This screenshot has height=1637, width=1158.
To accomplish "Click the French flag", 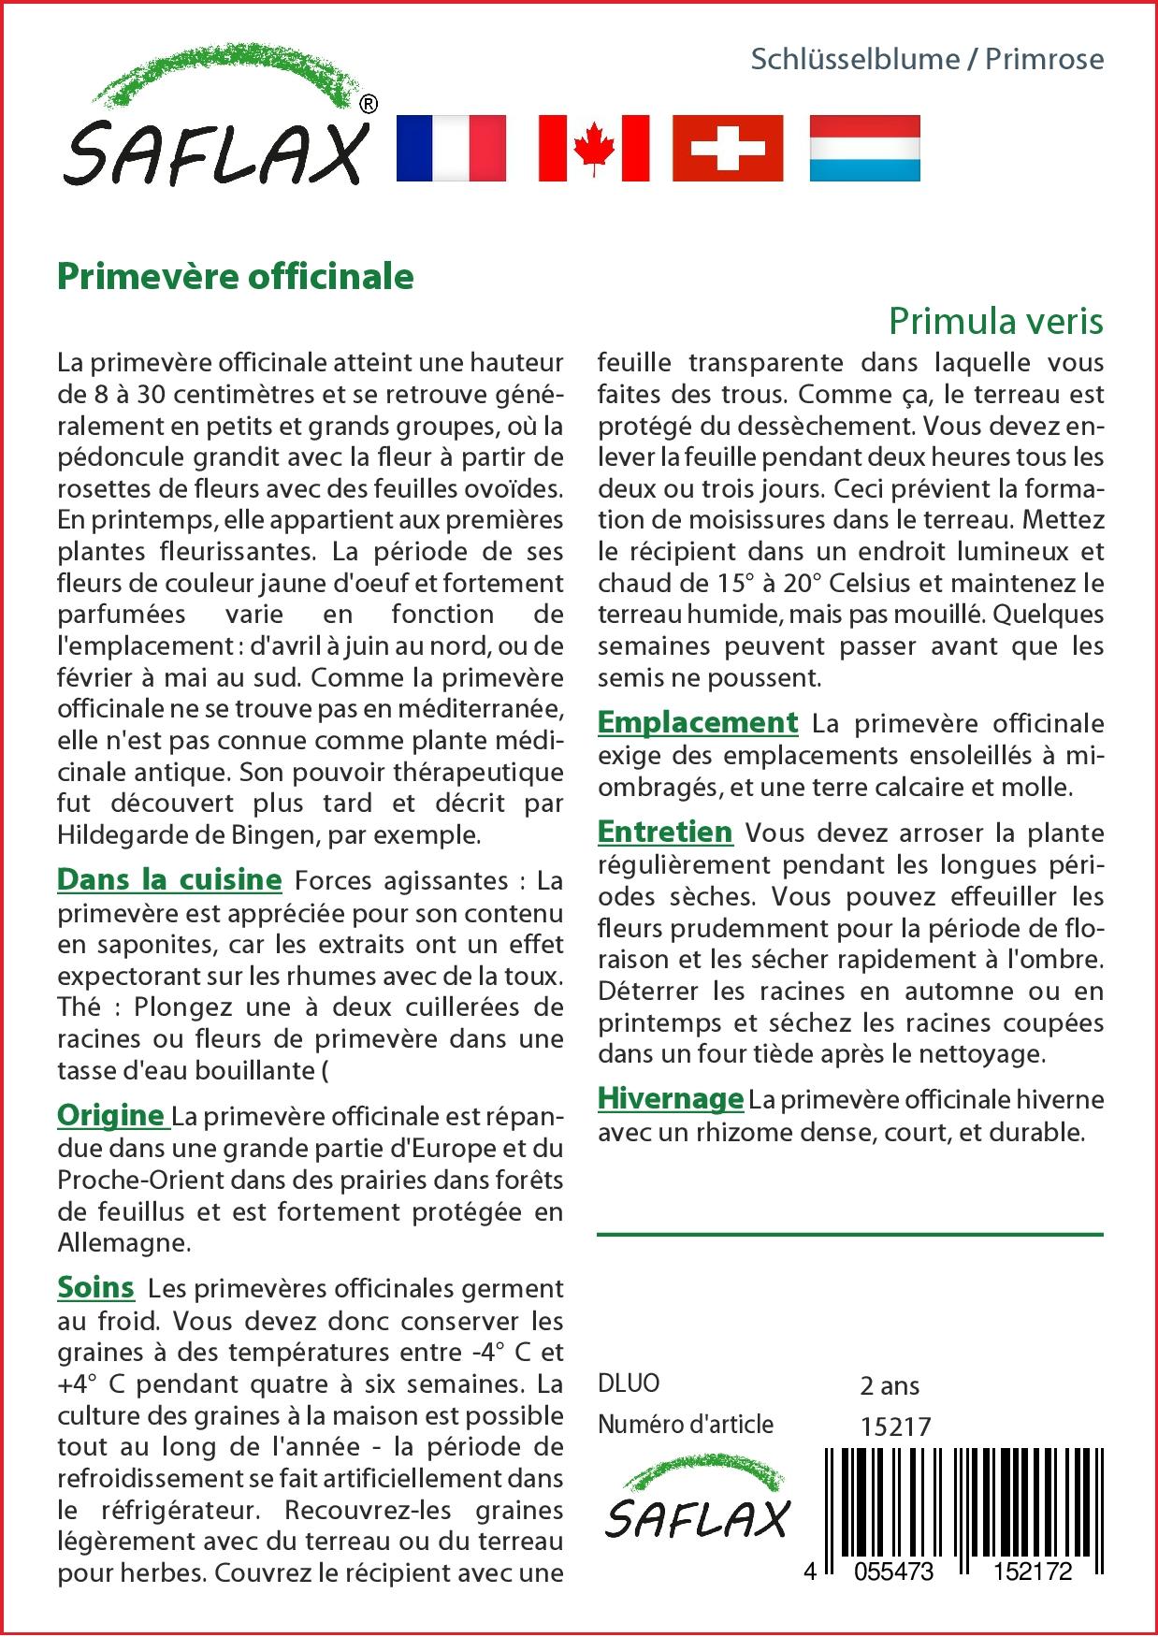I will [x=451, y=148].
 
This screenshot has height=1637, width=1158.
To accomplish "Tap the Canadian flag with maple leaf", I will [x=593, y=148].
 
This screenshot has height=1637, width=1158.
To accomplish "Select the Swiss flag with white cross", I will [x=728, y=148].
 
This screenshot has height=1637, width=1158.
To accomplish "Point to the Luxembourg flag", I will [x=864, y=148].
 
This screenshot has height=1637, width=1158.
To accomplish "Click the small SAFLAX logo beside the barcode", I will [x=698, y=1501].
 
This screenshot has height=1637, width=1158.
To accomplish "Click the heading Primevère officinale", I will [x=236, y=276].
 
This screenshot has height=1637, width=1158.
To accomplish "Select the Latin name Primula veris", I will [x=995, y=321].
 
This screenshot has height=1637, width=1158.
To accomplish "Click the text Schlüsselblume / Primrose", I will [x=927, y=59].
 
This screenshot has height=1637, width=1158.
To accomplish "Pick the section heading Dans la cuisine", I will [x=169, y=879].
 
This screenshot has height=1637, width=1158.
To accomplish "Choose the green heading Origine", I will [x=111, y=1115].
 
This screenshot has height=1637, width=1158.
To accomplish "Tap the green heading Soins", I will [x=95, y=1287].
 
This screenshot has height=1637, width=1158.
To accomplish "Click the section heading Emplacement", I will [x=698, y=722].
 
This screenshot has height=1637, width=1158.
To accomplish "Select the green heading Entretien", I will [x=665, y=832].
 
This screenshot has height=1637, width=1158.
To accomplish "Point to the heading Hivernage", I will [x=671, y=1098].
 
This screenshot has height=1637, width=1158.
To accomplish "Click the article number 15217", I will [x=895, y=1427].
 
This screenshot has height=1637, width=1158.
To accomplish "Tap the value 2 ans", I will [x=890, y=1385].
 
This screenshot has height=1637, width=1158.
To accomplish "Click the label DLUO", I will [x=629, y=1383].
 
